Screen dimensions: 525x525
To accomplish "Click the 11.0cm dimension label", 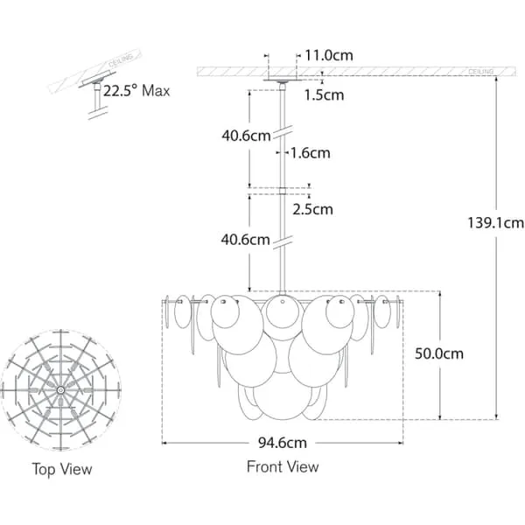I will tap(330, 54).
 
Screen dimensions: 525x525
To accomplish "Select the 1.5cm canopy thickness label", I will tap(324, 94).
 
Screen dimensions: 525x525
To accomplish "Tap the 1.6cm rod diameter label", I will tap(311, 153).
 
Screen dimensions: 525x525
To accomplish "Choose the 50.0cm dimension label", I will tap(438, 354).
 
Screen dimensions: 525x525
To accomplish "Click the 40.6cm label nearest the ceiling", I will tap(244, 136).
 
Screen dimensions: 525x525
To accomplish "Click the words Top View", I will tap(61, 469).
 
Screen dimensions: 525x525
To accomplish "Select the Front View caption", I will tap(283, 466).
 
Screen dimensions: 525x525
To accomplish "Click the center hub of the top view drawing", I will tap(60, 388).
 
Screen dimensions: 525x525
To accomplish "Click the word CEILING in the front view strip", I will tap(481, 68).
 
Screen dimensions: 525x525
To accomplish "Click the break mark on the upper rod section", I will tap(283, 133).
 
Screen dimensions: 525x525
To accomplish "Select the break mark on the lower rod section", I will tap(283, 238).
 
